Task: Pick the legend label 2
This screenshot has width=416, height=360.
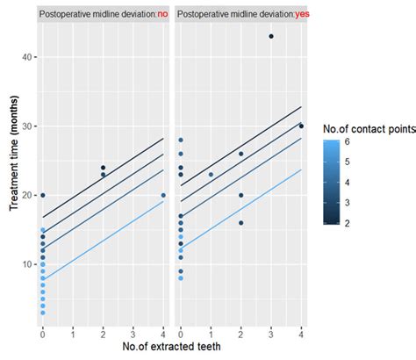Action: coord(348,223)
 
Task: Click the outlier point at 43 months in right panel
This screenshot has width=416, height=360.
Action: coord(271,36)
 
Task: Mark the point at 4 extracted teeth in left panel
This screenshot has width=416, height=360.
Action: coord(163,195)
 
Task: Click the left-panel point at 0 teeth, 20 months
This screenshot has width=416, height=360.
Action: coord(42,195)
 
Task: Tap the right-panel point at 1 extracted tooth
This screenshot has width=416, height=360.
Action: coord(211,174)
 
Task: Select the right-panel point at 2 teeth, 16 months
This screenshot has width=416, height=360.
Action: coord(241,223)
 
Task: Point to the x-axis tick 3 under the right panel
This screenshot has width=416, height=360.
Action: coord(271,334)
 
